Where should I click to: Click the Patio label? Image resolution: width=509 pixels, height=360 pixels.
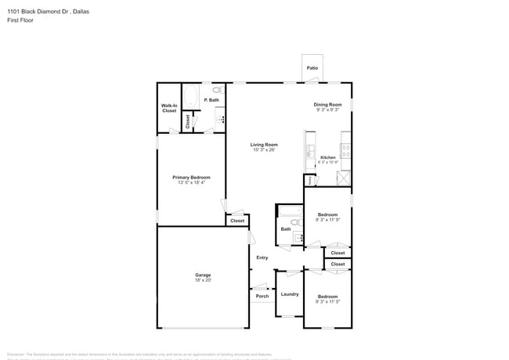click(x=312, y=68)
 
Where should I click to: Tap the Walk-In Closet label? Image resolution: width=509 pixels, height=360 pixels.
click(x=169, y=108)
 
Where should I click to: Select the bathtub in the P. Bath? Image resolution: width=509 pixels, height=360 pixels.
click(x=192, y=95)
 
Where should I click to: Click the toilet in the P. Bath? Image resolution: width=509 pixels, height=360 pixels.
click(x=218, y=91)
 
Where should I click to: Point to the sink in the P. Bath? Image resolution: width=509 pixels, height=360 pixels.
click(x=219, y=120)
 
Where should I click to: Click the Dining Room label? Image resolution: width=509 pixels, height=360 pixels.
click(x=328, y=105)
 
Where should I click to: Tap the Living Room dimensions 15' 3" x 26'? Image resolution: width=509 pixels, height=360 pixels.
click(x=264, y=149)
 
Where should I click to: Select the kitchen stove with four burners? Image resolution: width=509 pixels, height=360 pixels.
click(x=345, y=150)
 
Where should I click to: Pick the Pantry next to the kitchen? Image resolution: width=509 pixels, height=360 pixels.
click(x=310, y=181)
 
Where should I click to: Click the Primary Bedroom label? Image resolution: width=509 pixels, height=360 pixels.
click(x=191, y=178)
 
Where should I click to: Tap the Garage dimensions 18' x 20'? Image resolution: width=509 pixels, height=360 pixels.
click(x=203, y=279)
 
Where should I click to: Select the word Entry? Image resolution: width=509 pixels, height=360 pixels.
click(x=262, y=257)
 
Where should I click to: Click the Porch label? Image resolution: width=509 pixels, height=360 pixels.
click(x=262, y=296)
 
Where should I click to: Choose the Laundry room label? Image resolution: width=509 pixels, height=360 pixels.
click(x=290, y=294)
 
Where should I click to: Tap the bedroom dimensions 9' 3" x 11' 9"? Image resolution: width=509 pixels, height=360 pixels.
click(x=327, y=220)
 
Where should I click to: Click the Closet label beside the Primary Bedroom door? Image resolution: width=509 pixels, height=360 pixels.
click(x=237, y=221)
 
